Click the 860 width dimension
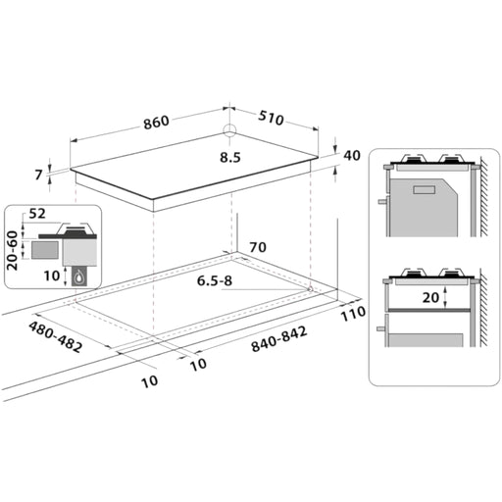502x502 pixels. pos(157,123)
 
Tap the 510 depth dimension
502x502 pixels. pos(271,118)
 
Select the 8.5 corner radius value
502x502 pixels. pos(230,158)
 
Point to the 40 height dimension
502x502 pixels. pos(352,156)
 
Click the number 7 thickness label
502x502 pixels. pos(39,175)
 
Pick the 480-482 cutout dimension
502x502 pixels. pos(56,336)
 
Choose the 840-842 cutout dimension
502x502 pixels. pos(279,339)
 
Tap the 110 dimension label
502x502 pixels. pos(353,314)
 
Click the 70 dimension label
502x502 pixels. pos(258,247)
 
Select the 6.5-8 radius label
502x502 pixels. pos(215,280)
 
